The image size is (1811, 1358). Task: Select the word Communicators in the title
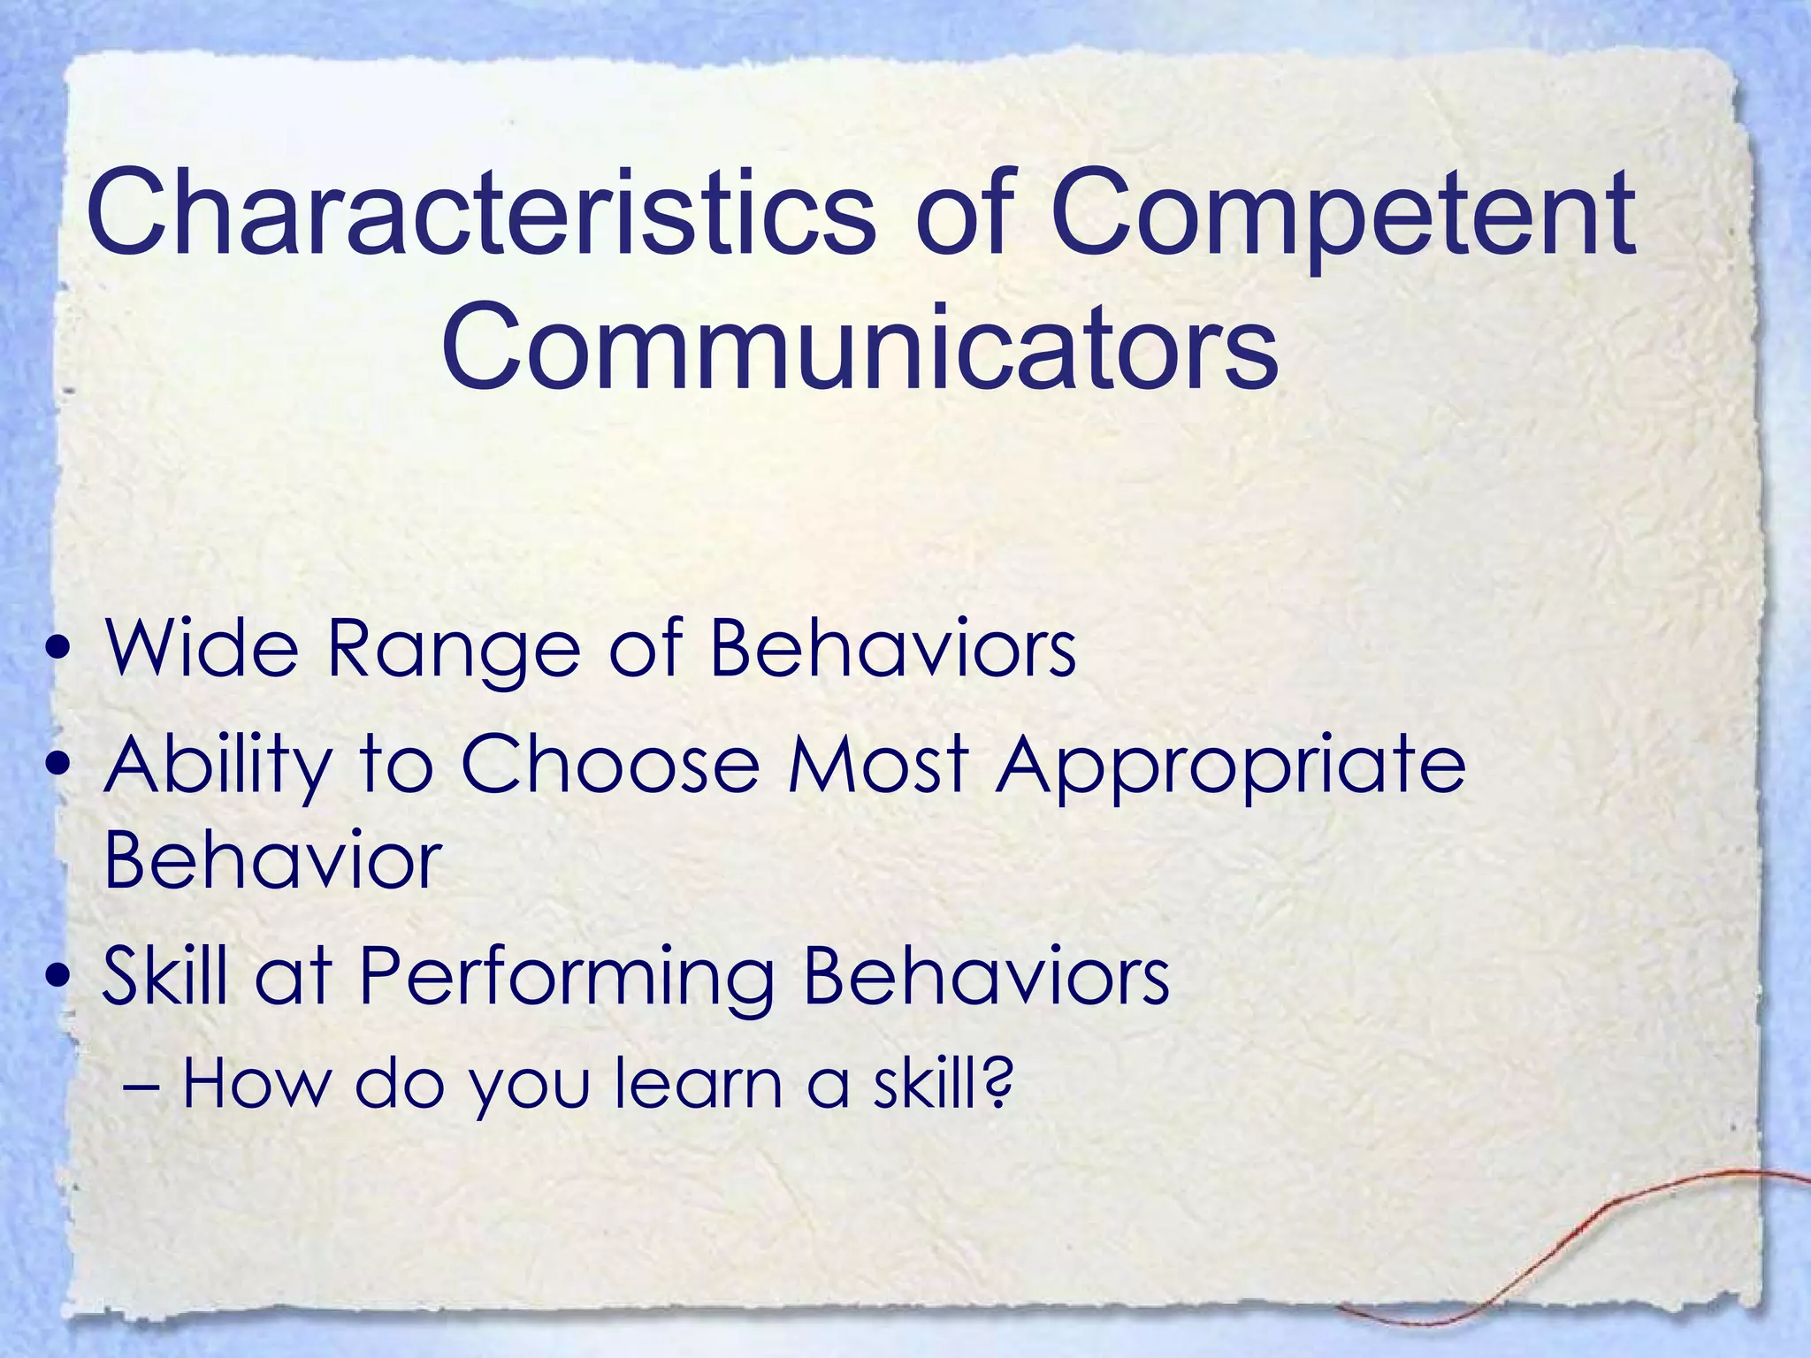[860, 347]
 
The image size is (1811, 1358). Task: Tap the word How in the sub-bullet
[255, 1084]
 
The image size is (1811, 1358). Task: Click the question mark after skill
[997, 1084]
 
